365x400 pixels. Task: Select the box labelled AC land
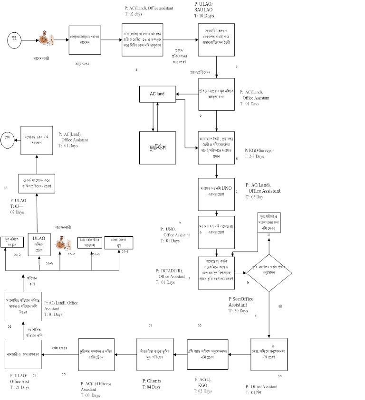[157, 93]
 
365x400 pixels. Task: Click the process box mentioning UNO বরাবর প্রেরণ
[217, 195]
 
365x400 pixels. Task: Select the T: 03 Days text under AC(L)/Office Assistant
[90, 395]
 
